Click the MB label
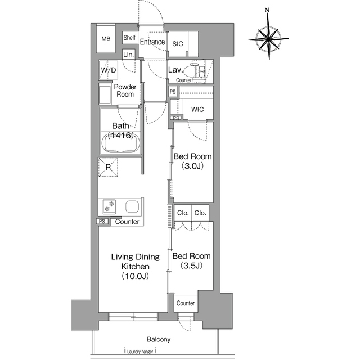point(106,39)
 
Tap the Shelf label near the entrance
point(129,38)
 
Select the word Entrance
point(152,42)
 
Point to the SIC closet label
point(178,44)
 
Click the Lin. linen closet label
point(128,55)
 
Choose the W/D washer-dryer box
point(109,70)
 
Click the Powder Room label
point(125,91)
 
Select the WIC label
point(197,109)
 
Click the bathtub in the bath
point(120,142)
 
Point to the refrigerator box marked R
point(108,167)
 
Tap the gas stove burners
point(109,206)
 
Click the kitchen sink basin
point(132,206)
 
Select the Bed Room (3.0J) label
point(192,161)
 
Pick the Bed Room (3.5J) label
point(191,260)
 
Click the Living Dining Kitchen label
point(136,266)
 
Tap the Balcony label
point(159,339)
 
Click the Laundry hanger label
point(140,352)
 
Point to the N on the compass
point(267,10)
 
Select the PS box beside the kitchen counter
point(102,221)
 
